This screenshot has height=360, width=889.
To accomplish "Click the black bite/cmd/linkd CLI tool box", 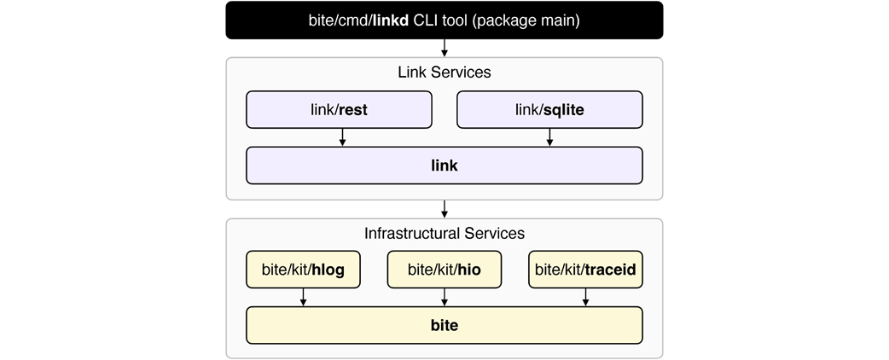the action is pos(444,20).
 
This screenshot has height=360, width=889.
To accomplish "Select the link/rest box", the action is pos(339,109).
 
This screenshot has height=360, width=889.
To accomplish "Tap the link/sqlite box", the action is pos(549,109).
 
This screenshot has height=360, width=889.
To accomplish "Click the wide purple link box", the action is pos(444,165).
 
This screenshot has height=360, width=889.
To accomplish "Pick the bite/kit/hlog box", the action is pos(304,270).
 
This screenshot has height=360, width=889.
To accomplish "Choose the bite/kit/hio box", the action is pos(444,270).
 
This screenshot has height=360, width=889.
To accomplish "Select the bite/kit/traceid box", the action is pos(585,270).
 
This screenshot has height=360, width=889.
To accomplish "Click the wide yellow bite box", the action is pos(444,325).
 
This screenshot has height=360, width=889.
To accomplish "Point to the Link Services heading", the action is pos(444,72).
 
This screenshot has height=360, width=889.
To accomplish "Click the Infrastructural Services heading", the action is pos(444,233).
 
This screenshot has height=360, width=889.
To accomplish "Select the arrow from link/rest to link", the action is pos(342,137).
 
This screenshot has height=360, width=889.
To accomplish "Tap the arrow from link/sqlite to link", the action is pos(549,137).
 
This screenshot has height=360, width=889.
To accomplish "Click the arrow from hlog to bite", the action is pos(304,297).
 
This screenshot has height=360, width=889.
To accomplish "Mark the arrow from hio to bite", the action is pos(444,297).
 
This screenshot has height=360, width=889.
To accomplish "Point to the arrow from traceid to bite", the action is pos(585,297).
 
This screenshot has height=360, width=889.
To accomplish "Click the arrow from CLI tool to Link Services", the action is pos(444,48).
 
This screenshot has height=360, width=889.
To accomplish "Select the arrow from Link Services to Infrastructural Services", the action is pos(444,209).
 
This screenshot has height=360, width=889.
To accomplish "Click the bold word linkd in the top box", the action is pos(391,20).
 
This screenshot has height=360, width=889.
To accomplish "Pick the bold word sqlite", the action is pos(564,110).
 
